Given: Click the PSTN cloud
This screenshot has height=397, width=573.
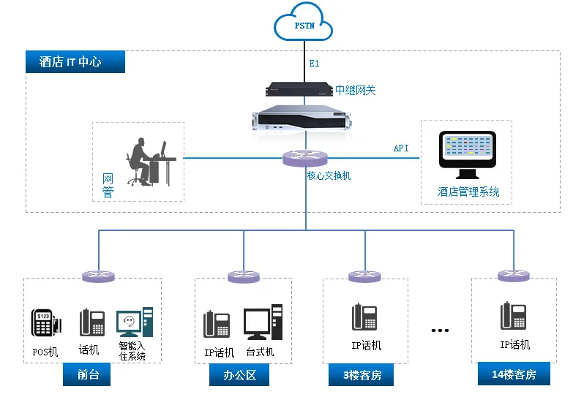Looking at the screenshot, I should tap(303, 26).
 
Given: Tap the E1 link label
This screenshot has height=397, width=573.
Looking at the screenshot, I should tap(314, 64).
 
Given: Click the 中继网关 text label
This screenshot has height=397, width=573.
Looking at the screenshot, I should tap(356, 90).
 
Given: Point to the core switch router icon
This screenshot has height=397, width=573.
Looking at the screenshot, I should tap(306, 158).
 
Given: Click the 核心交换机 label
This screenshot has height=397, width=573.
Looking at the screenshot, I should tap(329, 175).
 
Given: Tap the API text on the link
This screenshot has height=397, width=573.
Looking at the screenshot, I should tap(401, 148).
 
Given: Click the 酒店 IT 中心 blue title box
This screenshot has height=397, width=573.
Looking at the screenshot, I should tap(75, 62).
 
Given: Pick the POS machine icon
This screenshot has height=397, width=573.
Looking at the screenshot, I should tap(45, 322).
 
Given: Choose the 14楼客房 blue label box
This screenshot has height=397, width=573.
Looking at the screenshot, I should tap(514, 374).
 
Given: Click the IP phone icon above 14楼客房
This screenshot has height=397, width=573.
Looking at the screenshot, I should tap(514, 316).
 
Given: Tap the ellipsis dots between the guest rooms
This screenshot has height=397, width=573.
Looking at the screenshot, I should tap(439, 330).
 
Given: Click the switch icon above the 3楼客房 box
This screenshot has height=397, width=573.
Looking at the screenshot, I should tap(364, 276).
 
